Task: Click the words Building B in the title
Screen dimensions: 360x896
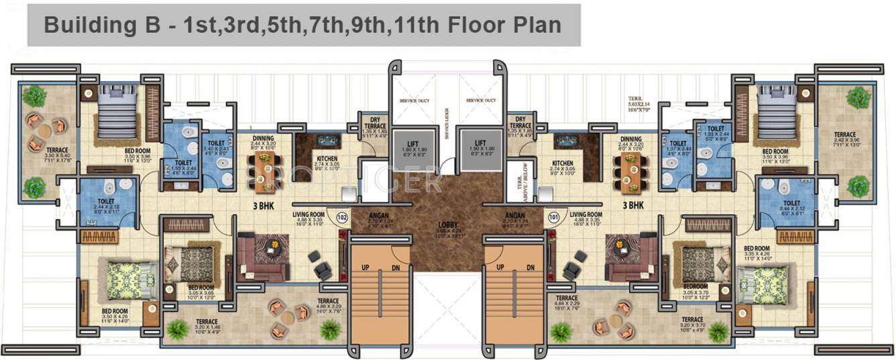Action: (101, 25)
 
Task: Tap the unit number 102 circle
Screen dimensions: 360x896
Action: (342, 217)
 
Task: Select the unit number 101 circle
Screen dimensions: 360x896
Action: (553, 217)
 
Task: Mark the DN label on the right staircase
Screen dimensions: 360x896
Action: (530, 267)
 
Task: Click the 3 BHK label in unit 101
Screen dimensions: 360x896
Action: (633, 206)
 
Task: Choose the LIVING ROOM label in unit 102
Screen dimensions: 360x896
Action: (309, 215)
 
